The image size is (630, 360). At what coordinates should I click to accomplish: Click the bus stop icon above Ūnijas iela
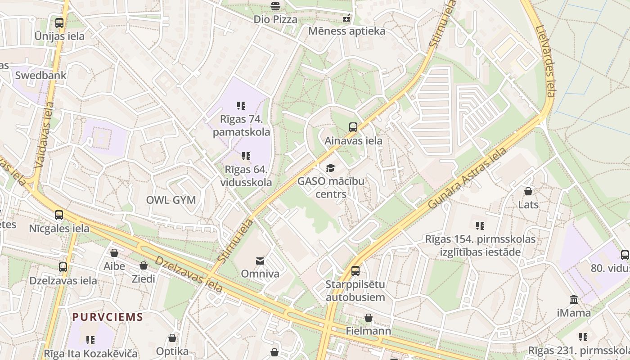tap(59, 22)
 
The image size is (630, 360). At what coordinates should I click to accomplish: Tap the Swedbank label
tap(40, 76)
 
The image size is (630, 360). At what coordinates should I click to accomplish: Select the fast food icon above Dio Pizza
tap(275, 6)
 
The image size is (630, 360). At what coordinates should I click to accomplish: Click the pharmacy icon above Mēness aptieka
tap(346, 18)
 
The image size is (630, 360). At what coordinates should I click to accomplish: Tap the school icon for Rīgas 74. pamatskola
tap(241, 106)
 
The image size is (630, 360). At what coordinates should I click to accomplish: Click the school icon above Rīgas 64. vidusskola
tap(246, 156)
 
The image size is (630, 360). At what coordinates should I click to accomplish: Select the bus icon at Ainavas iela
tap(353, 127)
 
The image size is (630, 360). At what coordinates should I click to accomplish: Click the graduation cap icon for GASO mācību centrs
tap(331, 168)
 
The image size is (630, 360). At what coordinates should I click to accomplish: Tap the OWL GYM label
tap(171, 200)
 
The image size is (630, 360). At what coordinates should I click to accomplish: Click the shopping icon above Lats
tap(528, 192)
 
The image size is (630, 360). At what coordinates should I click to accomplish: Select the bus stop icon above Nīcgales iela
tap(59, 215)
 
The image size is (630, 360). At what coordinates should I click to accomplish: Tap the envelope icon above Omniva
tap(260, 261)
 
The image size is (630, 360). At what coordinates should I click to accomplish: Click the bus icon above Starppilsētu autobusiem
tap(355, 271)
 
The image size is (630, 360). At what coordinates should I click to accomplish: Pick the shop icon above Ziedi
tap(144, 265)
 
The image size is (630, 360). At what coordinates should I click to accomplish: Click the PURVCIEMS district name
tap(108, 317)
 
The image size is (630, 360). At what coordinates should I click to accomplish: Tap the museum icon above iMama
tap(574, 299)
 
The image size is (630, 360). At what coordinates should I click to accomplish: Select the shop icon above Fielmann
tap(369, 318)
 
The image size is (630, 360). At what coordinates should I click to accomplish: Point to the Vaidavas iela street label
tap(44, 135)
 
